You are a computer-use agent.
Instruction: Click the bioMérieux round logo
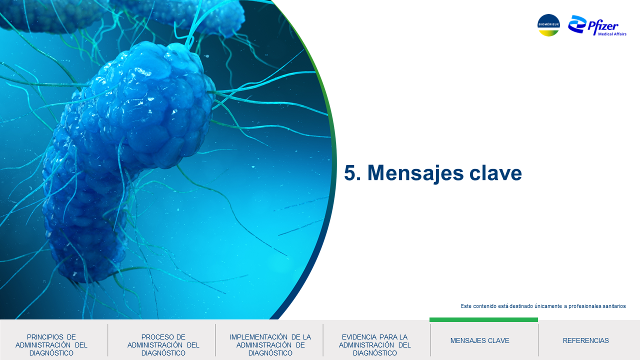[548, 25]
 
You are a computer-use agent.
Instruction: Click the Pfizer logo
[597, 25]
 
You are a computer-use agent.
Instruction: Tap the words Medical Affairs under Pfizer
[612, 34]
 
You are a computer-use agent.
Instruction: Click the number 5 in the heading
[350, 173]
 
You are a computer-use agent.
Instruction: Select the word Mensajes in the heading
[415, 173]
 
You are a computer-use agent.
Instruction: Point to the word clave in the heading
[495, 172]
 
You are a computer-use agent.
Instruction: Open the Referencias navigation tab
[585, 340]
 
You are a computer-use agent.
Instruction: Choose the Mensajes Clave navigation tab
[479, 340]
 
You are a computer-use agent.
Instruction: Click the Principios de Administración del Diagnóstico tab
[51, 345]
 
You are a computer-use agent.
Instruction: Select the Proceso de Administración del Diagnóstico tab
[163, 345]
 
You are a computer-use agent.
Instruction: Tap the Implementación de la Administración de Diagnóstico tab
[270, 345]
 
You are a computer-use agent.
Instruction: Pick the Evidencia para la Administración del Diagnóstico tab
[375, 345]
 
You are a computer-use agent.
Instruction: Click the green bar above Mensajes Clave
[483, 319]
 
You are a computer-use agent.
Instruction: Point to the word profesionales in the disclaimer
[585, 306]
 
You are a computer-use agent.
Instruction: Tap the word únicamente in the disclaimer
[548, 306]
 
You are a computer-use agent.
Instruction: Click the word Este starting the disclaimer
[466, 306]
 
